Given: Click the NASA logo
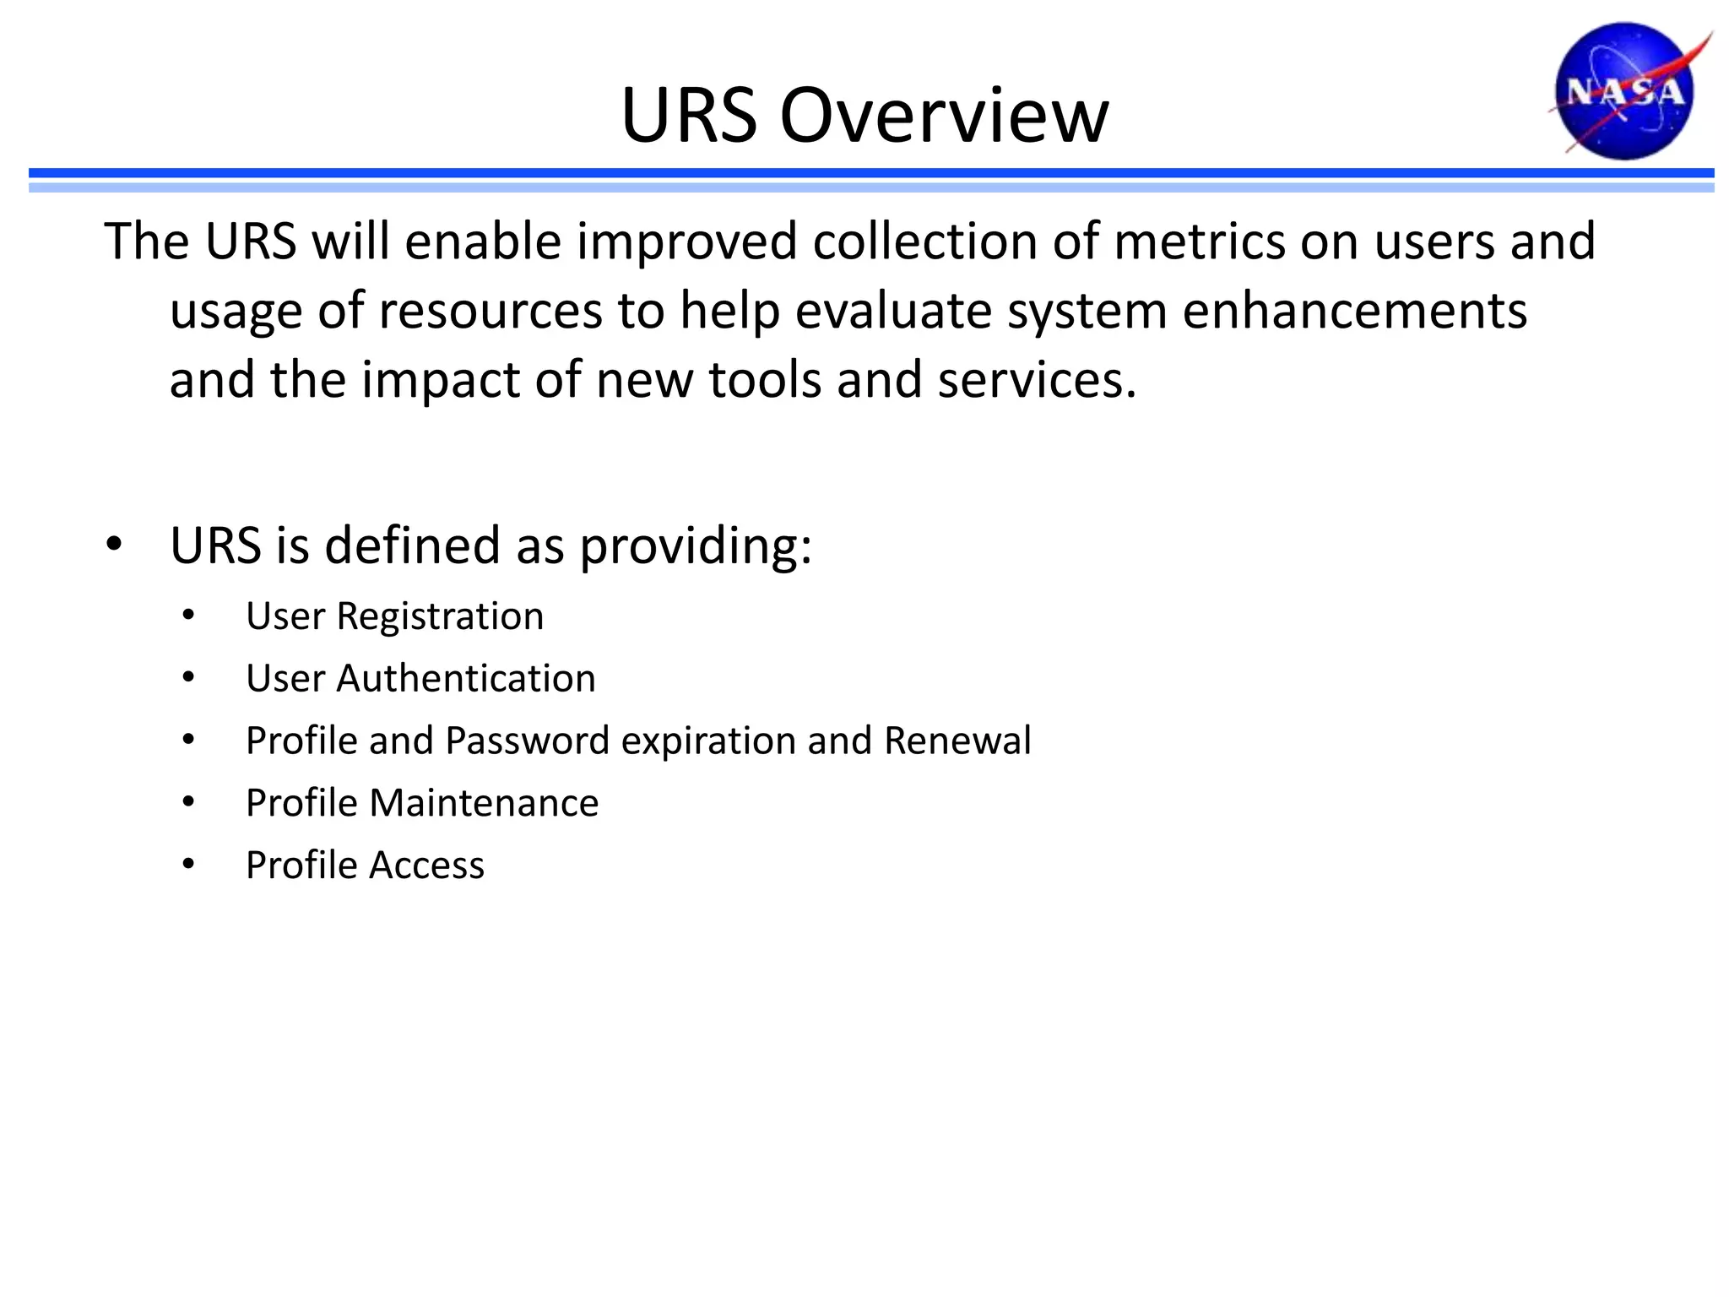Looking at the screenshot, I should coord(1624,91).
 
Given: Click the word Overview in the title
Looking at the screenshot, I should coord(944,116).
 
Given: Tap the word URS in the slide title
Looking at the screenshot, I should coord(689,116).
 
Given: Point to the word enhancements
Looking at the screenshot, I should coord(1354,311).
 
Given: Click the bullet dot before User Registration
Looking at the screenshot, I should coord(188,616).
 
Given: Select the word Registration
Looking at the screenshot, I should coord(440,616).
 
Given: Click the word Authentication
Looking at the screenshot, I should coord(466,679).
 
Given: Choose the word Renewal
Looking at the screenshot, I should coord(957,741).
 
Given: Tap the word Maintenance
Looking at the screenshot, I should coord(484,803).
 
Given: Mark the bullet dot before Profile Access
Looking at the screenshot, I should coord(188,865).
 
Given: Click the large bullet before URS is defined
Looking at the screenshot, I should coord(115,545).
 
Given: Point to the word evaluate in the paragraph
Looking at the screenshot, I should coord(893,311).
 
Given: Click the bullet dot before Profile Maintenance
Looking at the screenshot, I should coord(188,802).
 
